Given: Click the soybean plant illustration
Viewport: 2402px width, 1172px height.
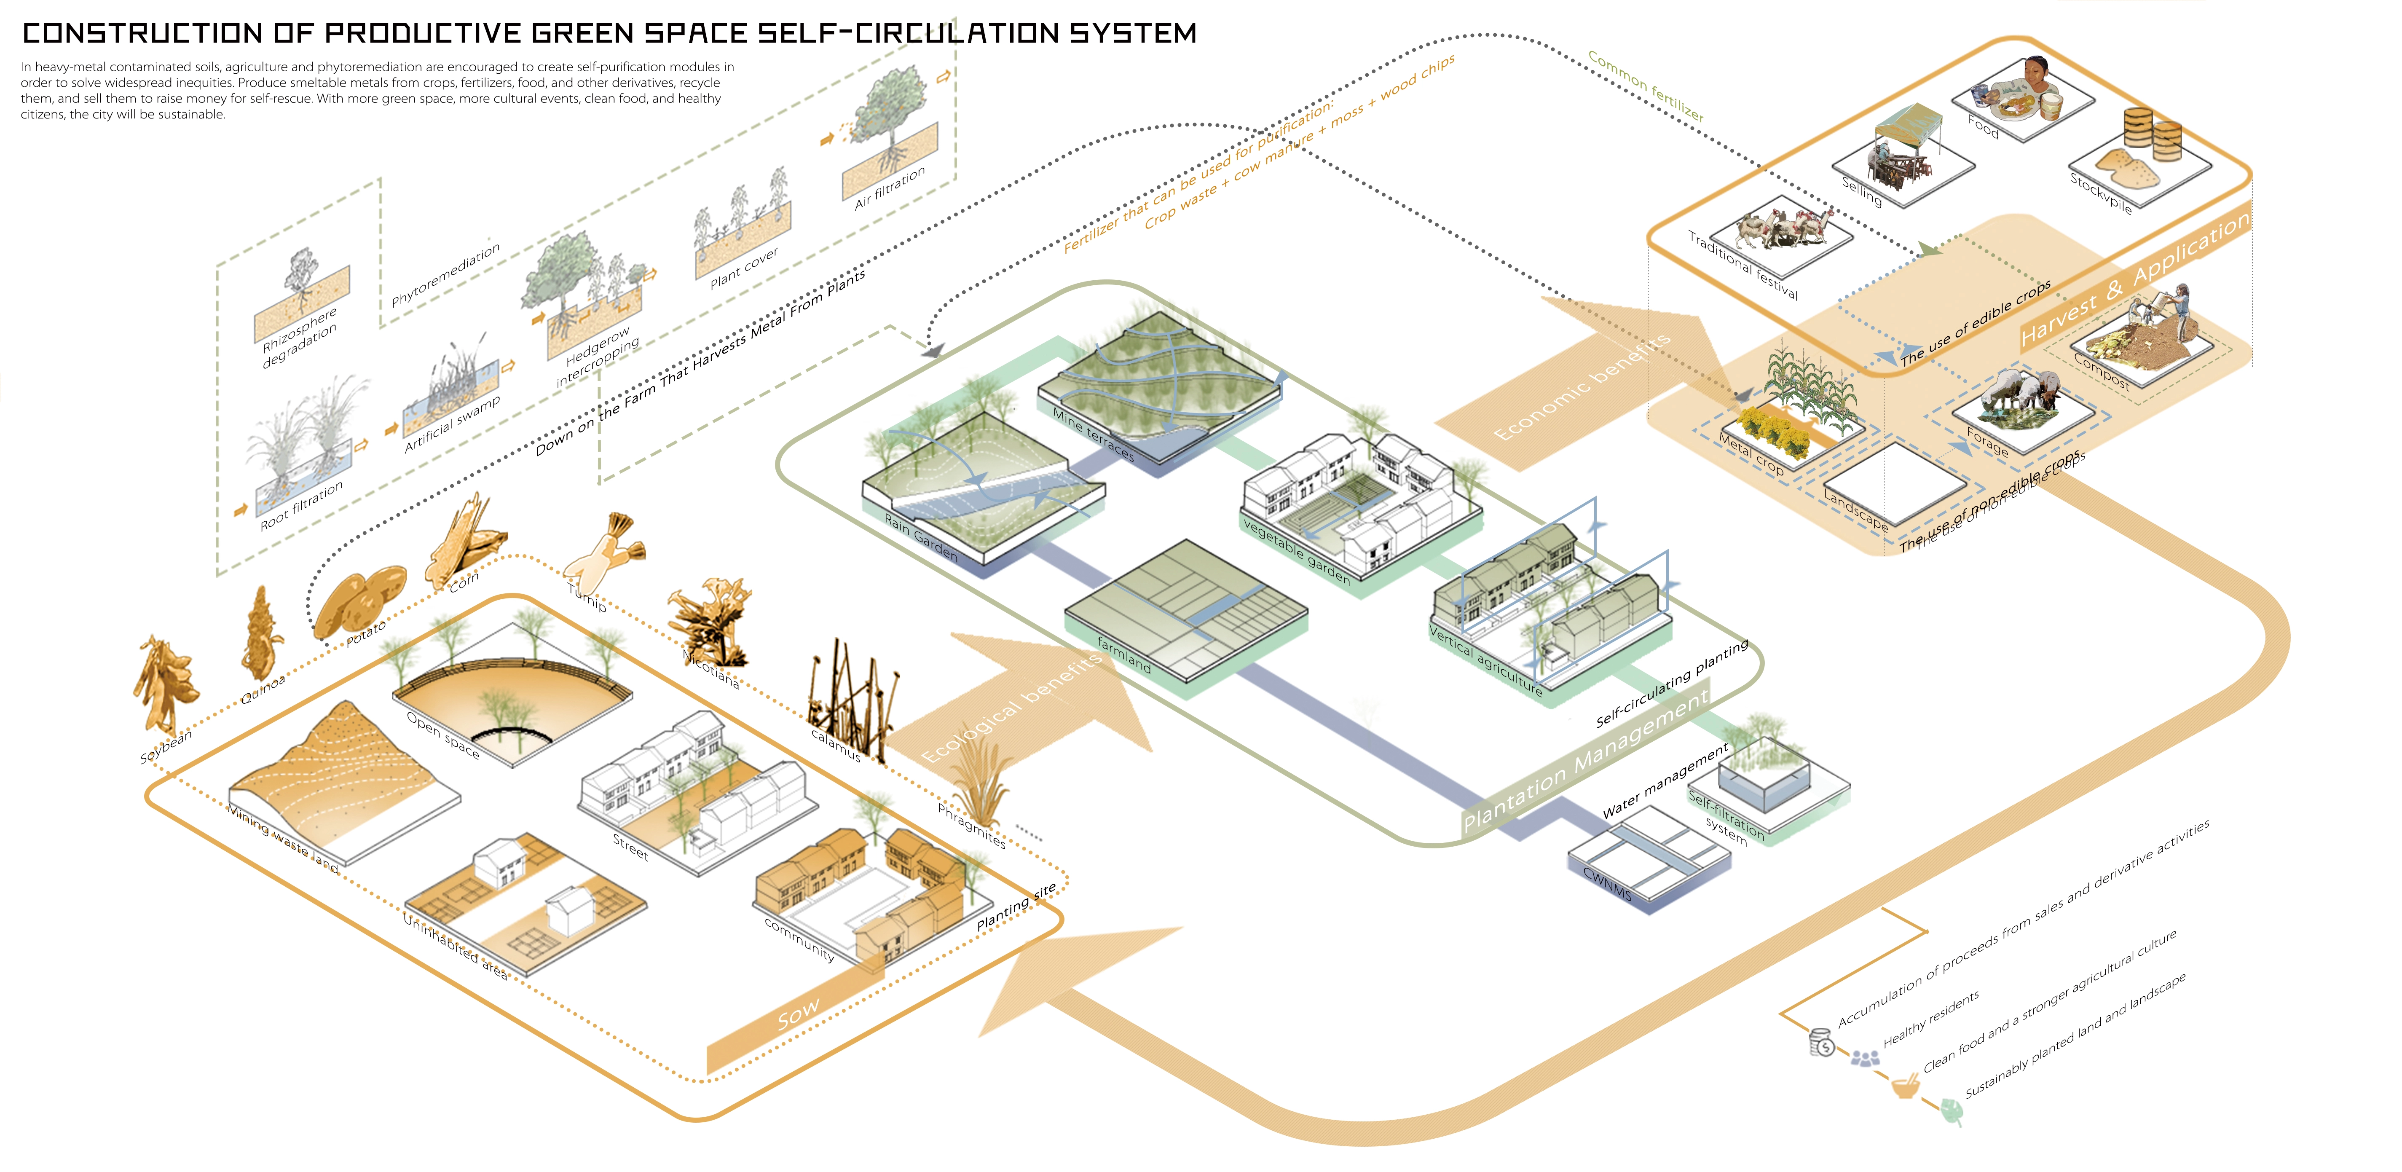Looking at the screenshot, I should pos(166,685).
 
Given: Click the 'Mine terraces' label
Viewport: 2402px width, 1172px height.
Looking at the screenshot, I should pos(1093,434).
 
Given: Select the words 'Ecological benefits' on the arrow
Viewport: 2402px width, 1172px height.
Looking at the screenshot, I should pos(1012,707).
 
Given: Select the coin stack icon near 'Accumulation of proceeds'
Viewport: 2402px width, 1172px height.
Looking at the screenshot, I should pos(1820,1041).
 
